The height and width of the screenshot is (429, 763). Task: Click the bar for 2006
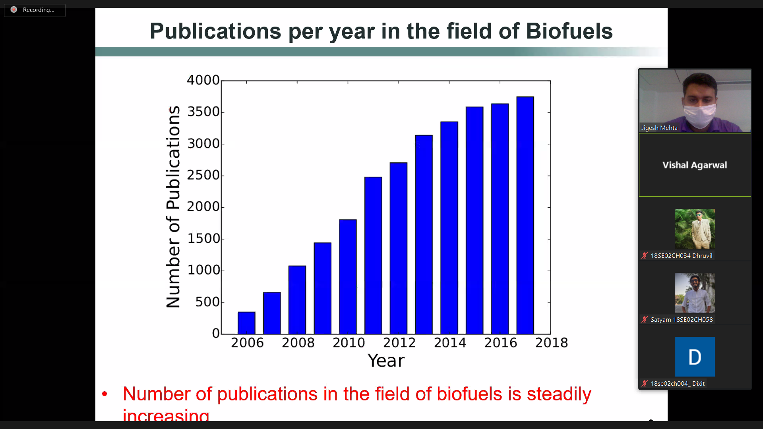[x=246, y=323]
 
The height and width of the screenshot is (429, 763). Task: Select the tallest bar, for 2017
[x=525, y=214]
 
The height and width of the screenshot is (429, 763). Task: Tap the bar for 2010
[x=348, y=276]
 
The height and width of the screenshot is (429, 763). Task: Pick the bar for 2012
[x=398, y=248]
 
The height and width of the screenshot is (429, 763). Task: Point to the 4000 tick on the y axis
[x=203, y=80]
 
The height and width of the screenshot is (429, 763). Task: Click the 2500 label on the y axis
[x=203, y=175]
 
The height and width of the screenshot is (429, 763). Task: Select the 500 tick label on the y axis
[x=207, y=302]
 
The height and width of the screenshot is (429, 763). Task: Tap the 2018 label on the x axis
[x=551, y=343]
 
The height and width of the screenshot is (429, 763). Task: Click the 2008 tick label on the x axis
[x=298, y=343]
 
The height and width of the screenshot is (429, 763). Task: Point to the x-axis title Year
[x=386, y=361]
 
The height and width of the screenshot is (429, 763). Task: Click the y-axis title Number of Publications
[x=173, y=207]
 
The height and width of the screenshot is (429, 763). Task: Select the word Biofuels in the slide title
[x=569, y=31]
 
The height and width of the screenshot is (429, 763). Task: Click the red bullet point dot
[x=105, y=394]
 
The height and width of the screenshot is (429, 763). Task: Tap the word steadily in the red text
[x=559, y=394]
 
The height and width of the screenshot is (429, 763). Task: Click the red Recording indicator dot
[x=14, y=10]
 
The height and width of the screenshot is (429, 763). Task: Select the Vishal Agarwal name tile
[x=695, y=165]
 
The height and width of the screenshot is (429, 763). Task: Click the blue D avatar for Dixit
[x=695, y=357]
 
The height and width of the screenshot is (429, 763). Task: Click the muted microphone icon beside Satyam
[x=645, y=320]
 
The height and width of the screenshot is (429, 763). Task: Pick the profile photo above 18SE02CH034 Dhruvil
[x=695, y=229]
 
